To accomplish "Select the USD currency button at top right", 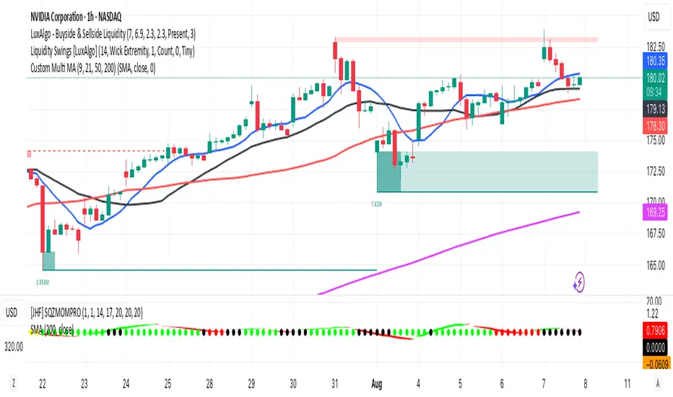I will [653, 15].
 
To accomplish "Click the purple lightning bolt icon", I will [578, 282].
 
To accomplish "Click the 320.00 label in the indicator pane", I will [14, 345].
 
